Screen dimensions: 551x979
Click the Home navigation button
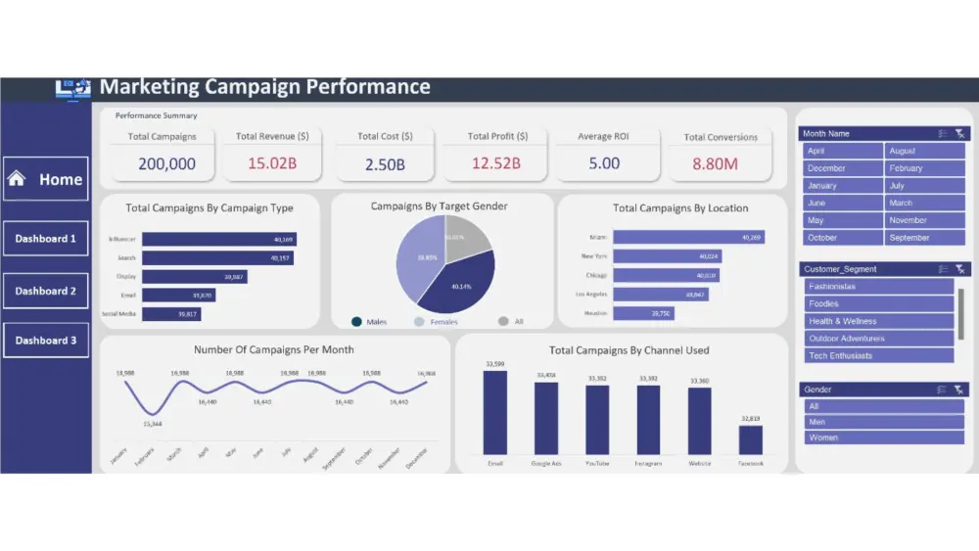[46, 179]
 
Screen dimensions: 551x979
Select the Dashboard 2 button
[46, 291]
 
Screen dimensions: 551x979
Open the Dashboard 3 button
[46, 341]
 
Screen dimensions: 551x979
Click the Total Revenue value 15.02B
[272, 163]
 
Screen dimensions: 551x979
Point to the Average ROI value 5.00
[604, 163]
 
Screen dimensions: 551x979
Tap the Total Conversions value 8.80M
[716, 163]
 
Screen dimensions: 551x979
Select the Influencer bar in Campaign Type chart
[218, 239]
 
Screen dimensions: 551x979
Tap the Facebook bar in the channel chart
[751, 439]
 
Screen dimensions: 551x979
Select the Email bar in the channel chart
[495, 412]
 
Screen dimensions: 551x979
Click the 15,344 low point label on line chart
[152, 424]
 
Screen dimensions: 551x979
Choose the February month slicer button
[924, 168]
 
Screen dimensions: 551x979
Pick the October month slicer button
[843, 238]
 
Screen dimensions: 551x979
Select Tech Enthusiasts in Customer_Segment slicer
[878, 356]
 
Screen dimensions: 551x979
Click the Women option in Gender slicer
[883, 437]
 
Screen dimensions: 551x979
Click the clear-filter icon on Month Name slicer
[960, 133]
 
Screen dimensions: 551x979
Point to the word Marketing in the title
[148, 87]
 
